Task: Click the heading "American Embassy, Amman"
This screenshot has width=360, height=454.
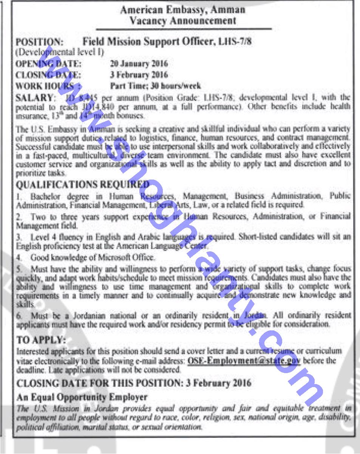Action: pyautogui.click(x=183, y=9)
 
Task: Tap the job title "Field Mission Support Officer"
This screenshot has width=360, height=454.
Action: pyautogui.click(x=147, y=41)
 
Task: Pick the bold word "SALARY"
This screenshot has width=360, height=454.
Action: pyautogui.click(x=33, y=98)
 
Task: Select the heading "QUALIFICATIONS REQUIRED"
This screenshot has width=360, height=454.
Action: pyautogui.click(x=83, y=184)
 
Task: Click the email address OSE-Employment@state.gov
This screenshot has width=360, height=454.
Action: pyautogui.click(x=244, y=360)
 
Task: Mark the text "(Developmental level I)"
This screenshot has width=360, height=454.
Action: pyautogui.click(x=60, y=51)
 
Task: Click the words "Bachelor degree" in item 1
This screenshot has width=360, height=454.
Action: pyautogui.click(x=60, y=196)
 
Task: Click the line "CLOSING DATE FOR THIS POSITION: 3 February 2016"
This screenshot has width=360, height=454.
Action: pyautogui.click(x=134, y=383)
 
